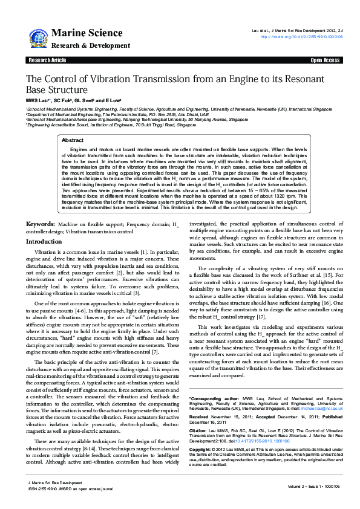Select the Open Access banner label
click(325, 60)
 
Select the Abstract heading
click(73, 140)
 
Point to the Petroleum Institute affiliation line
click(109, 114)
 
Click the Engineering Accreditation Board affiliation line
click(102, 125)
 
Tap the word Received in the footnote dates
click(200, 417)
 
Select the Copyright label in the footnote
click(201, 450)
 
